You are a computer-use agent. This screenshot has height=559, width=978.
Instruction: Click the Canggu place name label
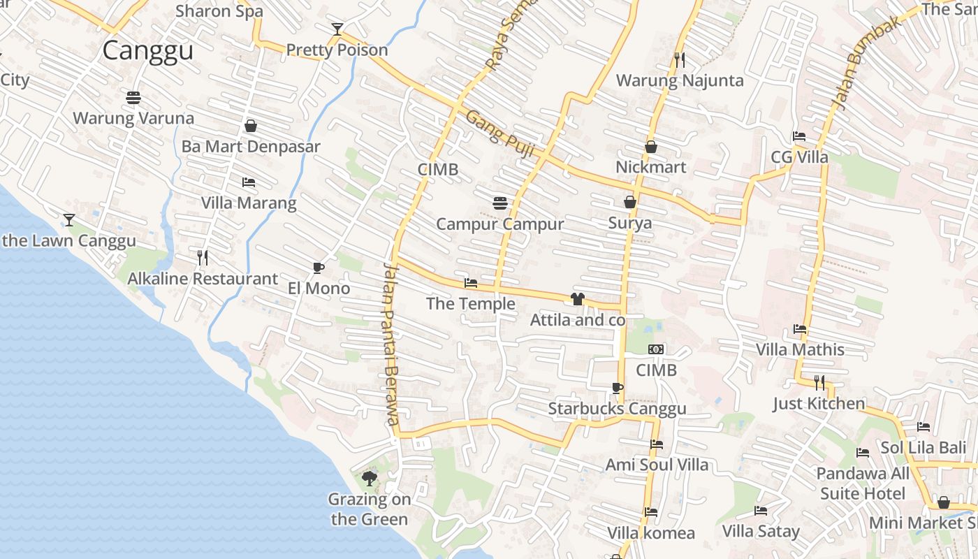147,51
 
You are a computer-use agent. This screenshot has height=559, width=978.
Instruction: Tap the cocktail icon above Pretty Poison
337,29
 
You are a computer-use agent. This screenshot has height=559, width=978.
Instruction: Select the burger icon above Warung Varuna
133,97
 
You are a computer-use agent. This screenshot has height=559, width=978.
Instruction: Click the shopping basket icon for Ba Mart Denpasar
251,126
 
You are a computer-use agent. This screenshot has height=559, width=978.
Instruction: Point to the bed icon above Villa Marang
249,182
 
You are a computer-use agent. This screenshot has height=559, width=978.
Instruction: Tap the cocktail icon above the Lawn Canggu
68,220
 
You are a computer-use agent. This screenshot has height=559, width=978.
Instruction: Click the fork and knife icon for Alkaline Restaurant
203,258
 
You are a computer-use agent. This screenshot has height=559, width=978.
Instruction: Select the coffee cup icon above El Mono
318,268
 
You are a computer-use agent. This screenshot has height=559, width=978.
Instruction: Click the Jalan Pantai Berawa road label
391,344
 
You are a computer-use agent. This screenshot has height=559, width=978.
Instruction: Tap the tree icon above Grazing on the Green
370,479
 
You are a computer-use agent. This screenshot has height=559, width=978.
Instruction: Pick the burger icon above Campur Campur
499,203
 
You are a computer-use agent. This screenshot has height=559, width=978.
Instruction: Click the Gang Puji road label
495,128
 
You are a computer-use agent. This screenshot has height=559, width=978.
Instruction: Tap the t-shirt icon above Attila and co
577,299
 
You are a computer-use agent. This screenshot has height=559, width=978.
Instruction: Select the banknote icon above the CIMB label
656,349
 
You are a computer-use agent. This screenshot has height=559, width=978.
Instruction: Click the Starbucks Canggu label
618,408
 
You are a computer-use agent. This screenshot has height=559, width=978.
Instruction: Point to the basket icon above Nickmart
651,147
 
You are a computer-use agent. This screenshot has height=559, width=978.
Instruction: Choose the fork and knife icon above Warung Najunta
679,60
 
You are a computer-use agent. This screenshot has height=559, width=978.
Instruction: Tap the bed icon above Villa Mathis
800,328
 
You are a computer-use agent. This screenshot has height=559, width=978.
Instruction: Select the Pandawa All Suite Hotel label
863,484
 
